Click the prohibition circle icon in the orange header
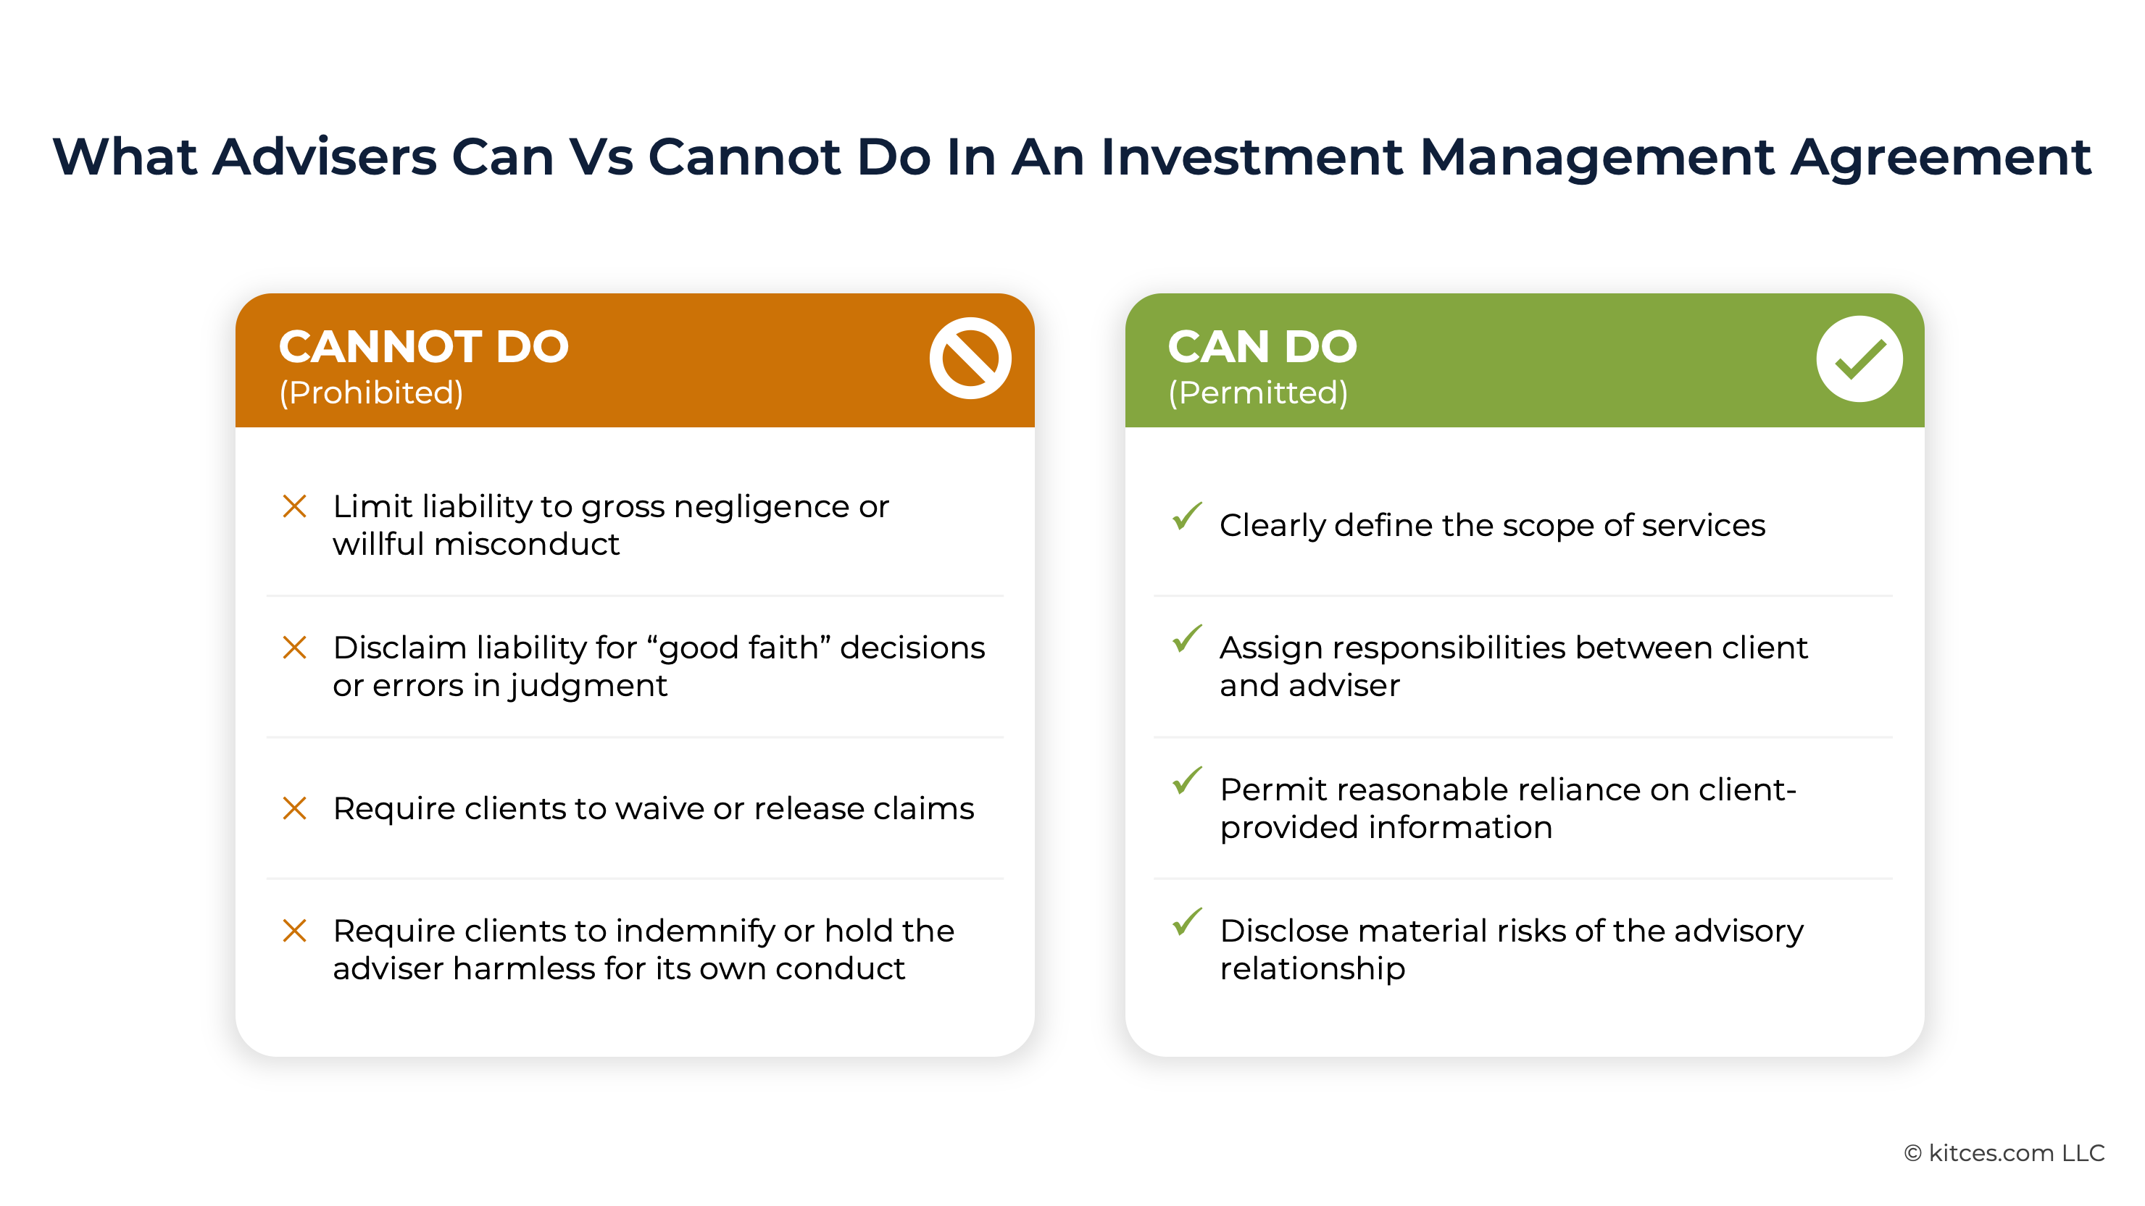click(x=970, y=359)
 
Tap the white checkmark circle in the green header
click(x=1859, y=359)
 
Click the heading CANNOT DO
click(x=424, y=346)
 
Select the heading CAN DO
click(x=1262, y=346)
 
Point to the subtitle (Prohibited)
click(x=371, y=393)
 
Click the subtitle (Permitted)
click(x=1258, y=393)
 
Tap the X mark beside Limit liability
click(x=295, y=506)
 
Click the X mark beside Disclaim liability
click(x=295, y=648)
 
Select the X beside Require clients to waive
click(x=295, y=808)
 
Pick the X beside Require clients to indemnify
click(x=295, y=931)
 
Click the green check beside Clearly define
click(x=1186, y=516)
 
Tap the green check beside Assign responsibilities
click(x=1186, y=638)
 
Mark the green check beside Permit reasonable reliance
click(x=1186, y=780)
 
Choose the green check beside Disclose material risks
click(x=1186, y=921)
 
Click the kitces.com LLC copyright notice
click(x=2004, y=1152)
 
